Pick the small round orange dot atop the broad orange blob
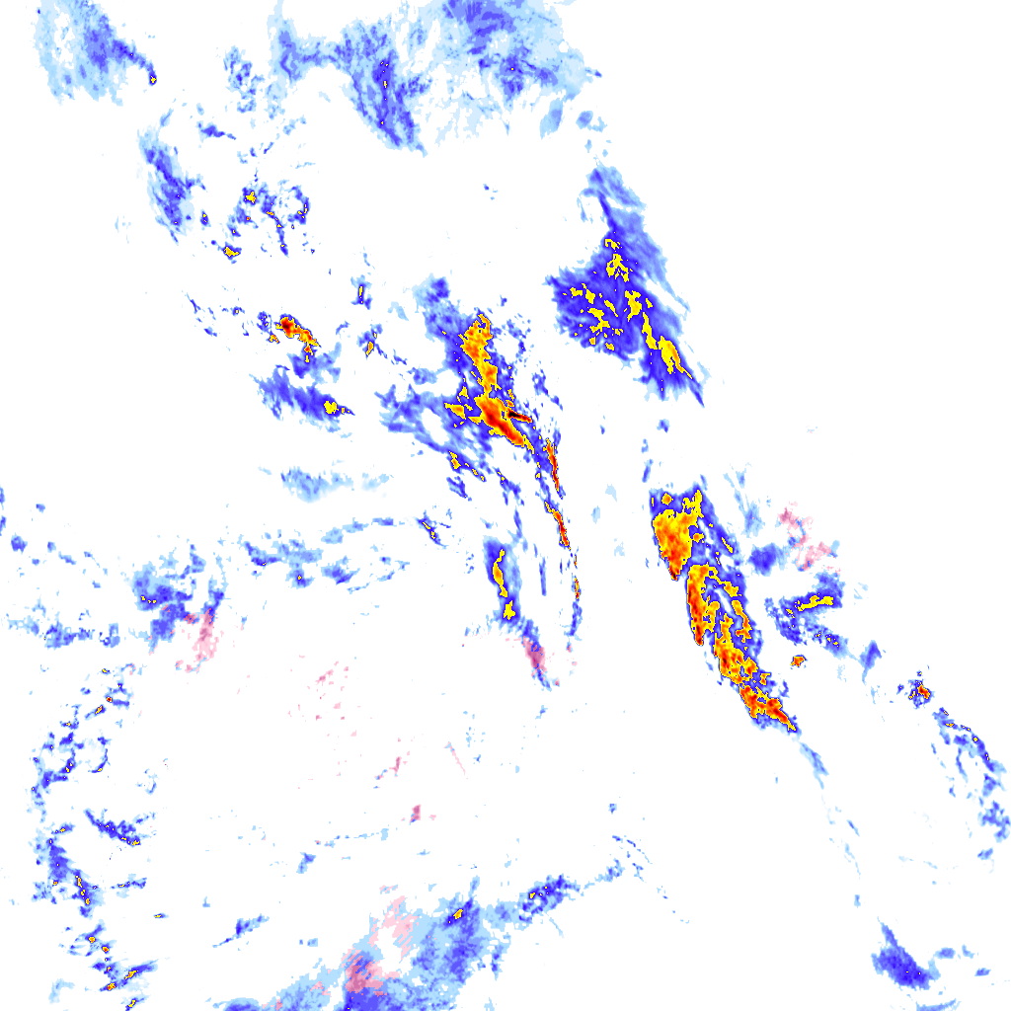pos(667,500)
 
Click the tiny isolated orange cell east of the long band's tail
pos(798,661)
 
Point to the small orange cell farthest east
pos(920,691)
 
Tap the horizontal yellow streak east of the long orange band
pos(816,600)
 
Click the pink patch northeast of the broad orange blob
pos(810,538)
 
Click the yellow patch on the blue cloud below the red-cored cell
pos(330,407)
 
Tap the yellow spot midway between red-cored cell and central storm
pos(370,347)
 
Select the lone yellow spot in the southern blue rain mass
pos(458,917)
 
